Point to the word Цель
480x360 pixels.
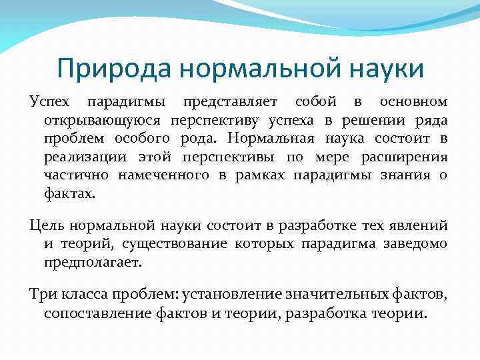point(47,226)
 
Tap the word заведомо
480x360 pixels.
point(415,244)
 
